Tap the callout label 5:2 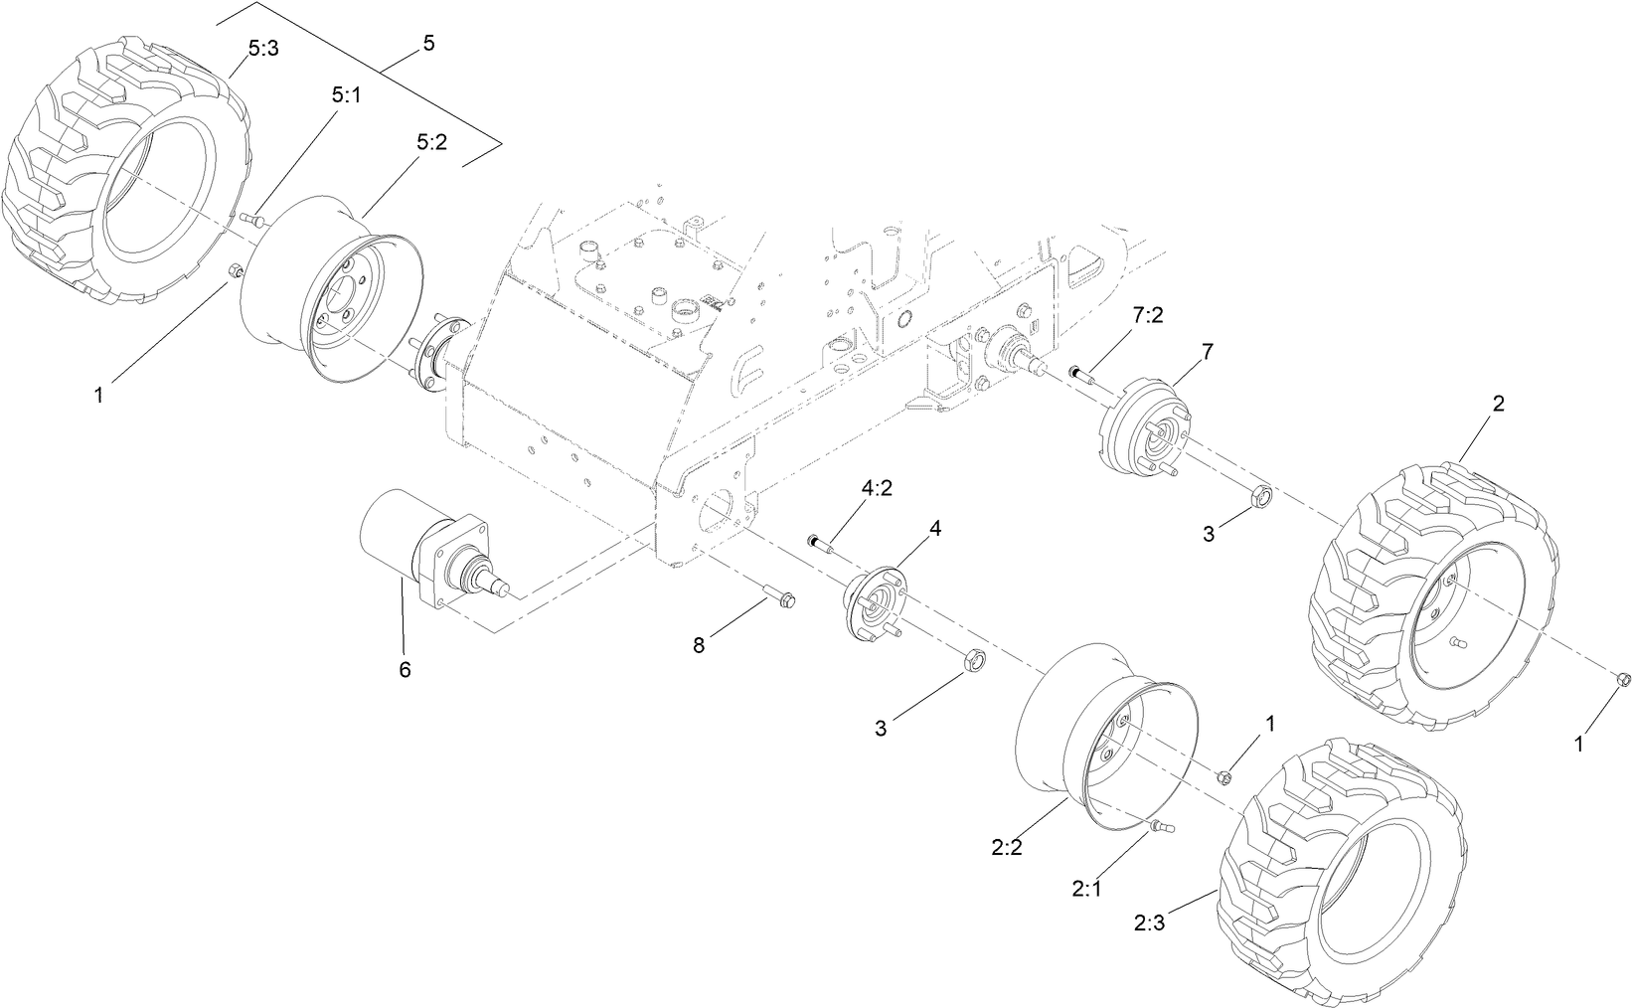pos(431,142)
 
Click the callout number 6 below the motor pos(405,670)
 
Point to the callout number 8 pos(699,646)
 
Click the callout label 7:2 pos(1148,315)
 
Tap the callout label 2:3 pos(1150,923)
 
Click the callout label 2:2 pos(1008,847)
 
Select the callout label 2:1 pos(1087,888)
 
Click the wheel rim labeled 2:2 pos(1103,736)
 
